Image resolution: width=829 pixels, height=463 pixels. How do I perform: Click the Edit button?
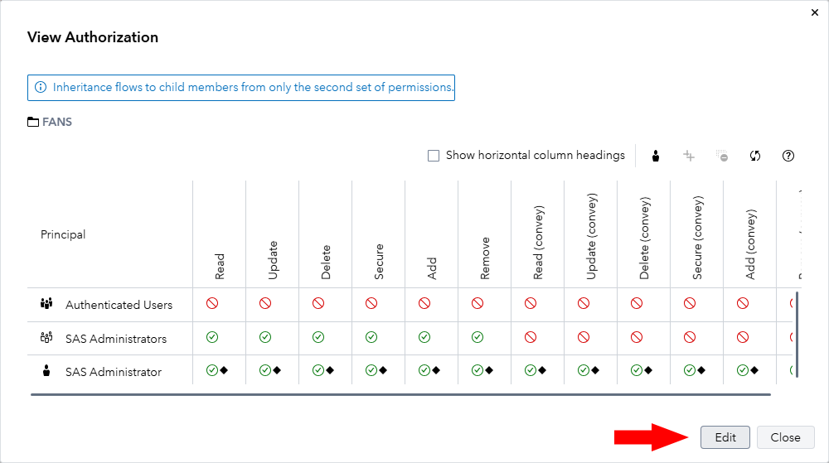point(725,437)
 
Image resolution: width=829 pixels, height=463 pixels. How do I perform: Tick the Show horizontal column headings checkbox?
point(433,156)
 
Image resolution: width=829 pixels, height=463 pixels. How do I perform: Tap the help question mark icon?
point(788,156)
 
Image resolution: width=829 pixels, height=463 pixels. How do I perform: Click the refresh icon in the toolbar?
point(755,156)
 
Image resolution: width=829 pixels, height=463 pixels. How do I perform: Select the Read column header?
point(220,266)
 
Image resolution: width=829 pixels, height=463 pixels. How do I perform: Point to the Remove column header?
point(485,258)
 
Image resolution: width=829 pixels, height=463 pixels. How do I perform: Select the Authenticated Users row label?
point(119,305)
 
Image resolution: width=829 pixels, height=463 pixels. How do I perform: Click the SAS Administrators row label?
point(115,339)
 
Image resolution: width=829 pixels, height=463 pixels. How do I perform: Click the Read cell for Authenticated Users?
point(212,304)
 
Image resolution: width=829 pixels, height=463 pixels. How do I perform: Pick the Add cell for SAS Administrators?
point(424,337)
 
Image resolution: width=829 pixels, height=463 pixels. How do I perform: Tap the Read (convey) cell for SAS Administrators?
point(531,337)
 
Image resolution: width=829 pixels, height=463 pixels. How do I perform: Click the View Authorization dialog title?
point(93,37)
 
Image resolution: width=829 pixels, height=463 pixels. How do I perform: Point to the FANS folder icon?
point(33,122)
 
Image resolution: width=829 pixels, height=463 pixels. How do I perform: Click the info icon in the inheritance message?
point(41,87)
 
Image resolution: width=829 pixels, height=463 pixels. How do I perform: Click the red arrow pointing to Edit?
point(650,437)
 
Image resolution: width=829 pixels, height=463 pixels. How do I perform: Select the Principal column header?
point(63,234)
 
